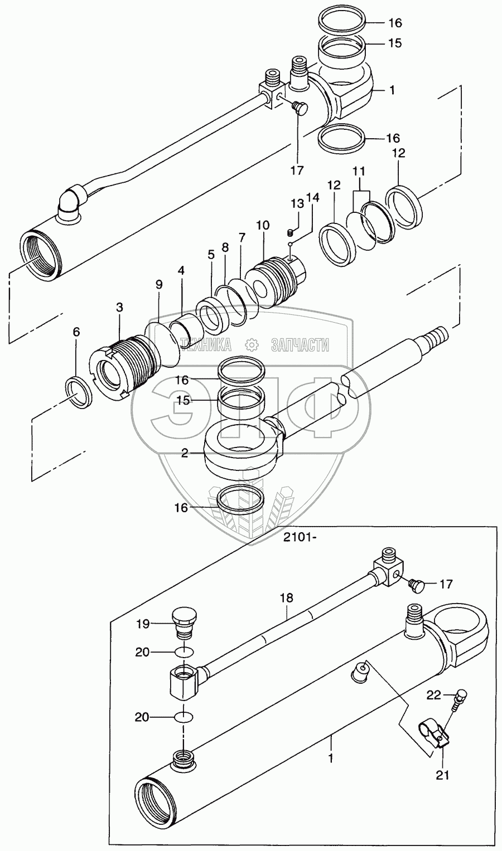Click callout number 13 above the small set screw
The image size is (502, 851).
click(297, 204)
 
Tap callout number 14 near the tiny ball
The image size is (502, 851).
click(312, 198)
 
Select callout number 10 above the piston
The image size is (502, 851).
click(263, 225)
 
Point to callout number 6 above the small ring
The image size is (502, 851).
click(76, 332)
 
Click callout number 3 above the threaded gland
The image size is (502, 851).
click(119, 307)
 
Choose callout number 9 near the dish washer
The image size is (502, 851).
click(158, 285)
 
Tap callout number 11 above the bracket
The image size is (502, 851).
click(359, 171)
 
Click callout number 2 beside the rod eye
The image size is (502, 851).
click(185, 453)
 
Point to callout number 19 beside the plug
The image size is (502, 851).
click(143, 624)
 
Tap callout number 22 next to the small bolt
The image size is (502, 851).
click(433, 695)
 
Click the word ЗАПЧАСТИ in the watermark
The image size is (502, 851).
click(300, 346)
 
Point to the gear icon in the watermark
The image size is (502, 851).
click(252, 345)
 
